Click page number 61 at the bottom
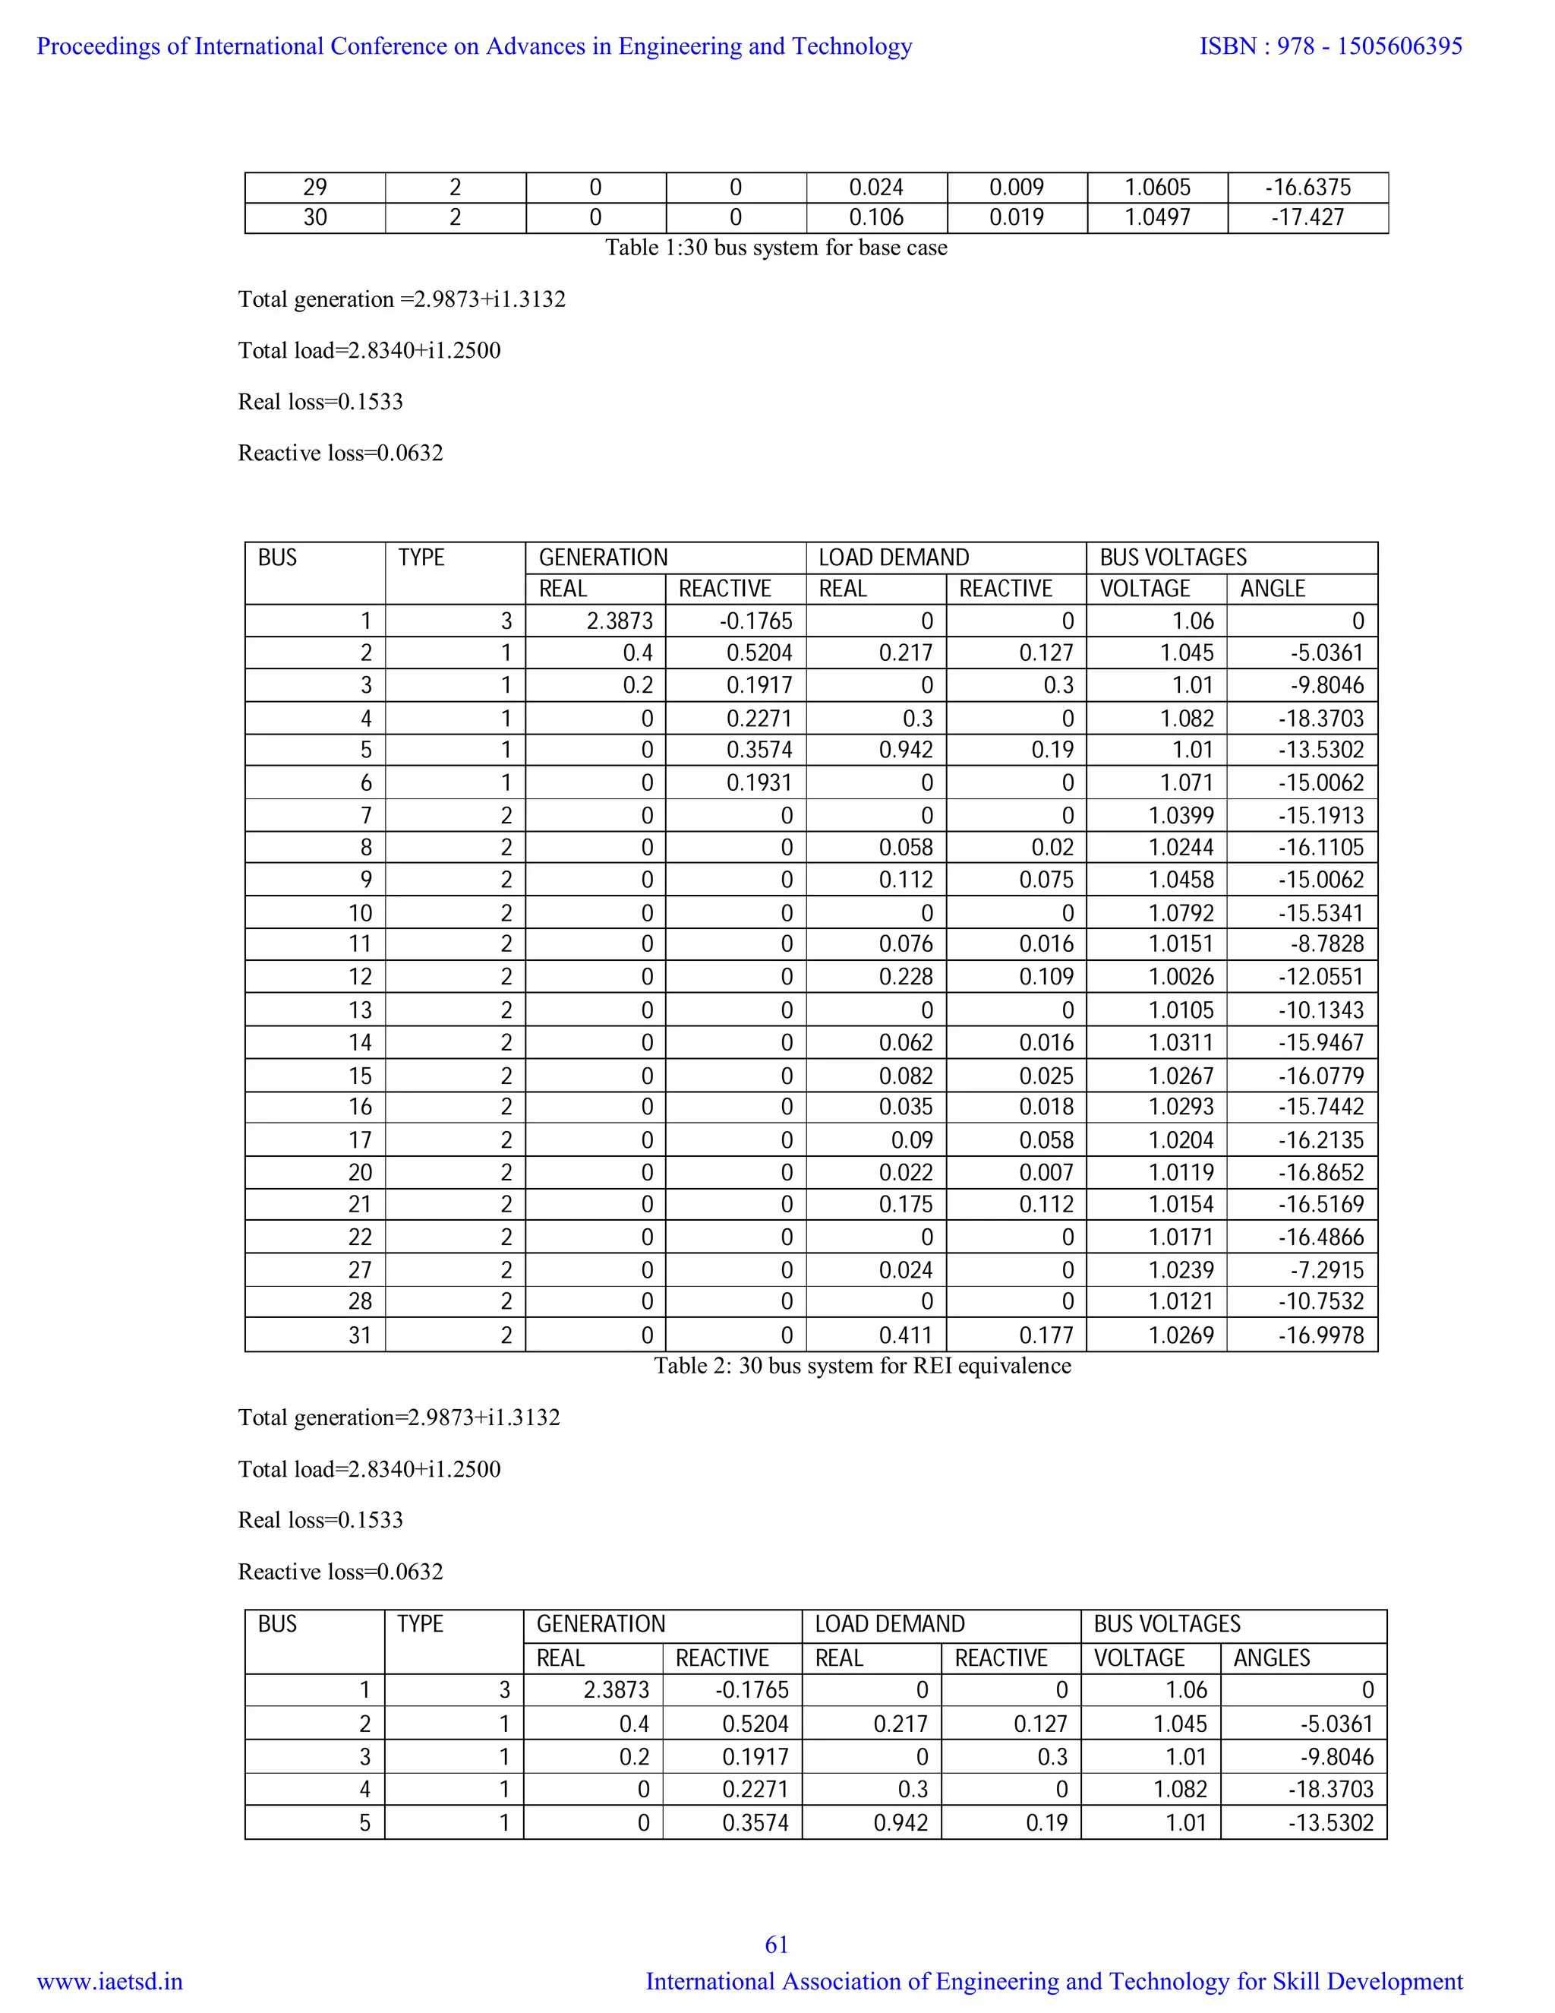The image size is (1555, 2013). pos(777,1944)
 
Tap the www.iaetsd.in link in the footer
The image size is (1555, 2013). pos(109,1981)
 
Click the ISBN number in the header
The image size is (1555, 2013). pos(1330,46)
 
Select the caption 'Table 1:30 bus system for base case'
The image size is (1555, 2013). pos(776,247)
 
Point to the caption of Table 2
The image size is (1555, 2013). pos(863,1365)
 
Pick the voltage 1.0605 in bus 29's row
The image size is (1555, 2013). pos(1157,187)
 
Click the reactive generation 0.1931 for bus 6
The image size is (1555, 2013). pos(759,782)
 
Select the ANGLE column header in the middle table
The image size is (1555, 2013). pos(1273,588)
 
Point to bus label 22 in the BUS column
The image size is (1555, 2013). pos(359,1237)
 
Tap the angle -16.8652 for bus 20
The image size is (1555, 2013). pos(1320,1172)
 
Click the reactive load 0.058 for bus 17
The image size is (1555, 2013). pos(1046,1140)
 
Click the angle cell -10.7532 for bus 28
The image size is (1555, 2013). pos(1320,1300)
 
